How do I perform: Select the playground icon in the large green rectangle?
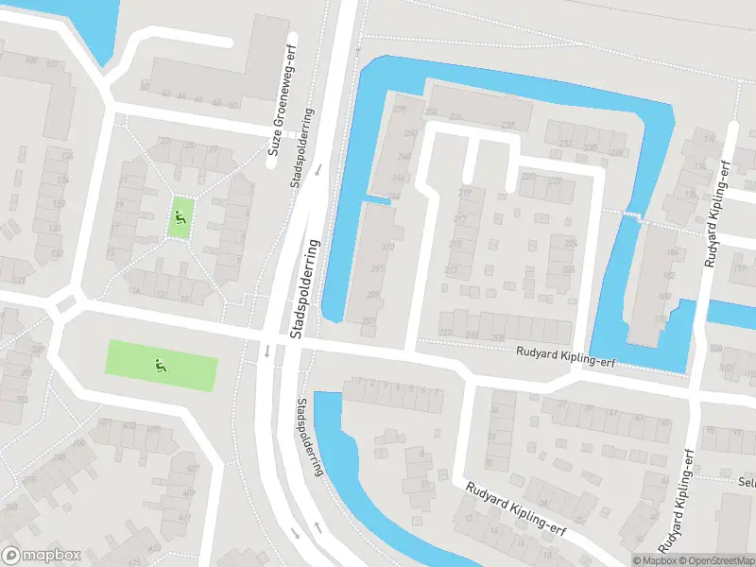tap(160, 364)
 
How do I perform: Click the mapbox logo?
tap(41, 556)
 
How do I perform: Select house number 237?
tap(508, 126)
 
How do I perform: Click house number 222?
tap(554, 181)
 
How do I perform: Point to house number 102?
tap(52, 64)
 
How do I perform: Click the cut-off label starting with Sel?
tap(746, 481)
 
